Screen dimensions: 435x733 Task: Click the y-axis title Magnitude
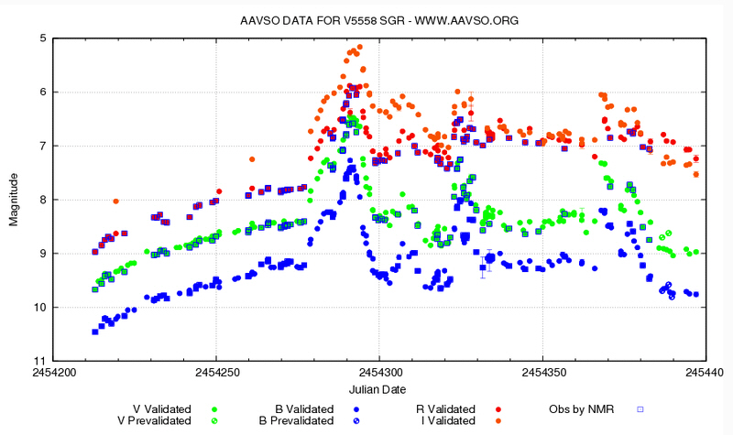pyautogui.click(x=14, y=199)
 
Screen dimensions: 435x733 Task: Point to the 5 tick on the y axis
pyautogui.click(x=43, y=38)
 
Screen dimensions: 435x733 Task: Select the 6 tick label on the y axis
pyautogui.click(x=43, y=92)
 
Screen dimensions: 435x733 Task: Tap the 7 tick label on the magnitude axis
pyautogui.click(x=43, y=147)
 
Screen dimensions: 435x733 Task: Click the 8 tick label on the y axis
pyautogui.click(x=43, y=200)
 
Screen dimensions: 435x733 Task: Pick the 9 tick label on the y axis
pyautogui.click(x=43, y=254)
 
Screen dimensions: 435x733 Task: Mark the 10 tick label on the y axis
pyautogui.click(x=40, y=308)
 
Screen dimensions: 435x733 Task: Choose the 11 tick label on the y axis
pyautogui.click(x=40, y=361)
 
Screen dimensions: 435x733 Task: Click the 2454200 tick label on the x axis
pyautogui.click(x=55, y=373)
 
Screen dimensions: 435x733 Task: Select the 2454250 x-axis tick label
pyautogui.click(x=217, y=373)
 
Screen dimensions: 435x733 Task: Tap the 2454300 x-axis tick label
pyautogui.click(x=379, y=373)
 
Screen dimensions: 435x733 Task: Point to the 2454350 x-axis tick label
pyautogui.click(x=542, y=373)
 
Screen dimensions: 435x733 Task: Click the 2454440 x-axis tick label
pyautogui.click(x=704, y=373)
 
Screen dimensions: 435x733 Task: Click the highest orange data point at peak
pyautogui.click(x=360, y=47)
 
